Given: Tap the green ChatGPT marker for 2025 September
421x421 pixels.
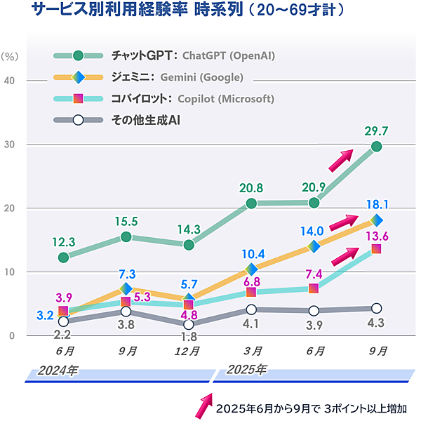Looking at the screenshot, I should pyautogui.click(x=376, y=147).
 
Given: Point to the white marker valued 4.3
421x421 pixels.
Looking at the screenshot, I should pyautogui.click(x=376, y=308).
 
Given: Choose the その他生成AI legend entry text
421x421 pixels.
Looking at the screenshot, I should pyautogui.click(x=147, y=120).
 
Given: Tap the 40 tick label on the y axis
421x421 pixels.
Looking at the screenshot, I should pyautogui.click(x=11, y=81).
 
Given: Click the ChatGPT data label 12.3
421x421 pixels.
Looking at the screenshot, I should pyautogui.click(x=63, y=242).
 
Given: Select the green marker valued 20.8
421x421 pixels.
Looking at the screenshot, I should pyautogui.click(x=251, y=203).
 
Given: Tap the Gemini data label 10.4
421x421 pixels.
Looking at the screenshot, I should pyautogui.click(x=252, y=254).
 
